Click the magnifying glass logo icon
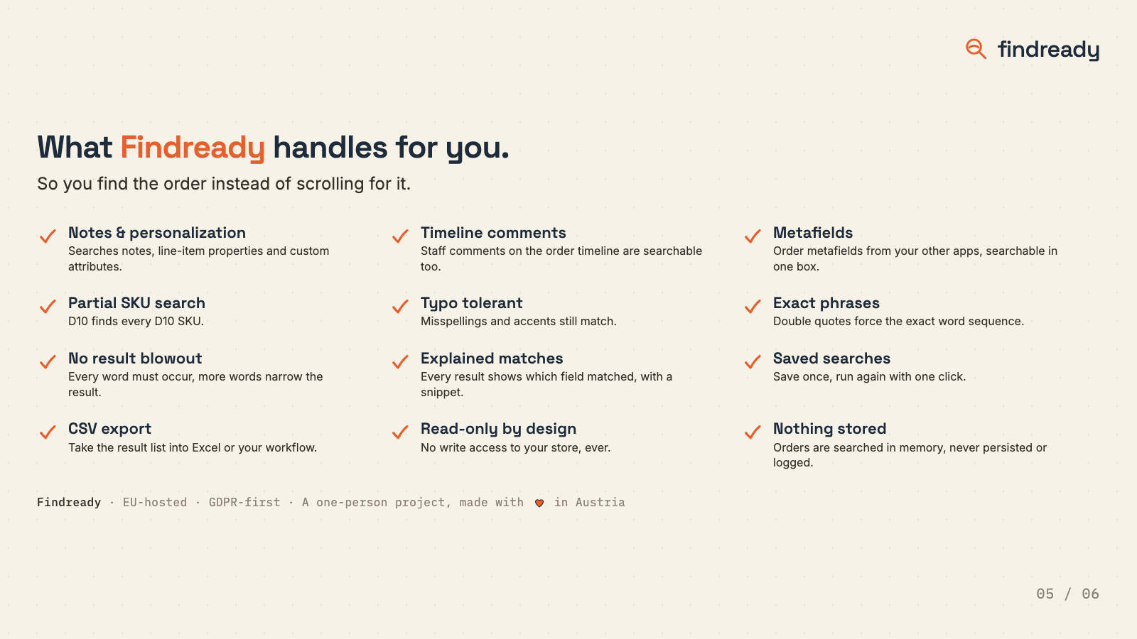tap(976, 49)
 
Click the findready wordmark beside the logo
tap(1048, 50)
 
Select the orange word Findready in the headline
tap(193, 148)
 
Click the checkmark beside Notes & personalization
tap(48, 236)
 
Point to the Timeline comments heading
tap(493, 233)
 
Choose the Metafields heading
tap(813, 233)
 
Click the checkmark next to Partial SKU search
tap(48, 306)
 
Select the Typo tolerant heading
tap(472, 303)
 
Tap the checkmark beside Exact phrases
tap(753, 306)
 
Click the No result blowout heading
tap(135, 359)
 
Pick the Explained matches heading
tap(492, 359)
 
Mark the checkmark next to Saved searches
tap(753, 361)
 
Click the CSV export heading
tap(109, 429)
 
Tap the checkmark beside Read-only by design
tap(400, 432)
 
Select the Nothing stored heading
tap(829, 429)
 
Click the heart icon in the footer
tap(539, 503)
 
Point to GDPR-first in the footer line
tap(244, 503)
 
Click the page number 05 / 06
tap(1067, 594)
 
